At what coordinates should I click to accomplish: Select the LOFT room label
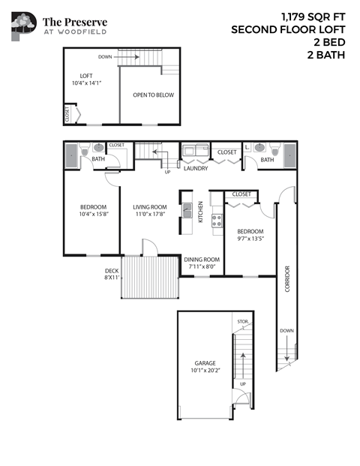tap(87, 75)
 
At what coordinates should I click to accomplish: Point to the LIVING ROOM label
tap(150, 207)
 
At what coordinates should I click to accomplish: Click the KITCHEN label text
tap(200, 212)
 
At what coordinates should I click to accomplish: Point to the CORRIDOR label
tap(287, 278)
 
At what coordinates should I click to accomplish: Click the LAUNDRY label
tap(195, 169)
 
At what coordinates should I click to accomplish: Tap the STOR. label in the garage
tap(242, 322)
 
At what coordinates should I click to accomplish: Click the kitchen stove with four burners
tap(216, 221)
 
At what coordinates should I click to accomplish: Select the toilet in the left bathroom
tap(97, 149)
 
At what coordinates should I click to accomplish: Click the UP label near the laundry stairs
tap(167, 172)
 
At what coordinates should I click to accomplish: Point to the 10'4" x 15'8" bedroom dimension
tap(93, 215)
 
